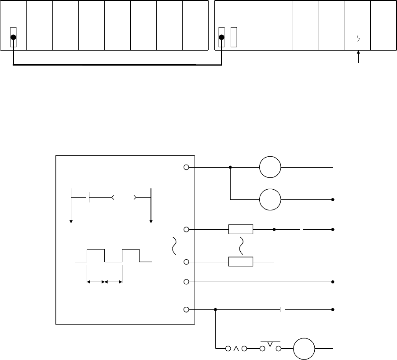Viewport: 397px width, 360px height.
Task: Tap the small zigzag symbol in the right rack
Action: coord(358,39)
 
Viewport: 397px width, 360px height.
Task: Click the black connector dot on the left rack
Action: coord(14,37)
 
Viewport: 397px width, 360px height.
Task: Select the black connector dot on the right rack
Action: coord(221,37)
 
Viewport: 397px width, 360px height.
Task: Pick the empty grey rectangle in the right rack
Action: coord(234,37)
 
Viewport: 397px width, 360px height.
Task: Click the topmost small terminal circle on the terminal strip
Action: coord(186,167)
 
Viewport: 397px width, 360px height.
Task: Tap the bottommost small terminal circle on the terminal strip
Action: coord(186,309)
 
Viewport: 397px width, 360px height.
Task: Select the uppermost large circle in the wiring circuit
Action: coord(270,167)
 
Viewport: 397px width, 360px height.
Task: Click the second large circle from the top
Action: coord(270,199)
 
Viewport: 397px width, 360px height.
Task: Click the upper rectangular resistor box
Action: coord(241,229)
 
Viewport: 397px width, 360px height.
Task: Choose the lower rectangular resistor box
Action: coord(241,262)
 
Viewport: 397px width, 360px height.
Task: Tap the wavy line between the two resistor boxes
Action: coord(241,246)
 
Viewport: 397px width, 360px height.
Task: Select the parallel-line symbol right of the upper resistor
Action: coord(302,229)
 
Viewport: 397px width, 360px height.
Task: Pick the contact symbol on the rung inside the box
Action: coord(88,198)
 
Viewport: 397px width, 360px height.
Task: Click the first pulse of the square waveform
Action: coord(96,255)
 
